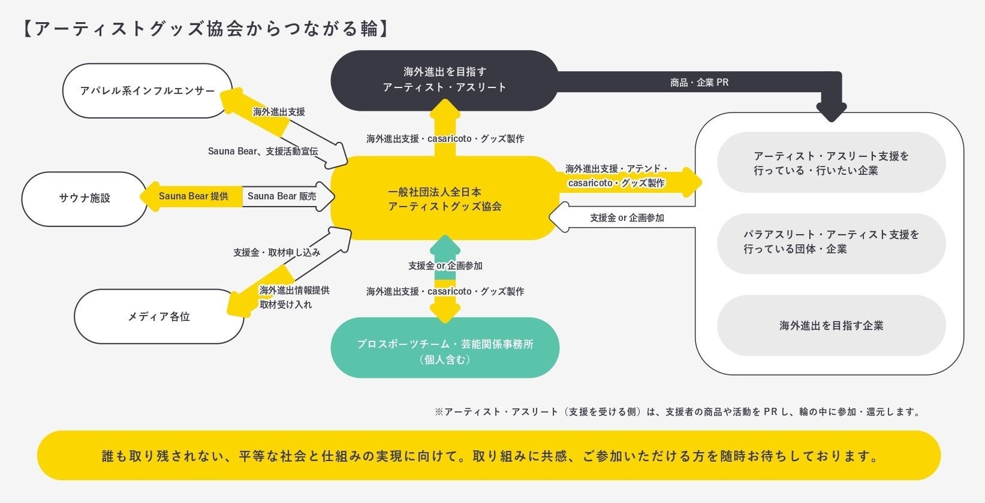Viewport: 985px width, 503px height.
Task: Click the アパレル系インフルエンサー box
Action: tap(147, 91)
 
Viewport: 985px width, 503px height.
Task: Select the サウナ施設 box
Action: tap(85, 199)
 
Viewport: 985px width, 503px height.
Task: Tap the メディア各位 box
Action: tap(159, 317)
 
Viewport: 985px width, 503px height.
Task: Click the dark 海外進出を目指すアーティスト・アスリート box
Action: tap(444, 80)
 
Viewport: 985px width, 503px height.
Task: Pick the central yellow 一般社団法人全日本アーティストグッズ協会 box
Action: tap(444, 199)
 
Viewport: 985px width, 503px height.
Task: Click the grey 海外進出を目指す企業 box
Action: tap(831, 326)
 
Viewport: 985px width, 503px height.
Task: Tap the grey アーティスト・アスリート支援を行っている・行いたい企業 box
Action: tap(831, 163)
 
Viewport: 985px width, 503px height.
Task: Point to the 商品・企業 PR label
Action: tap(699, 83)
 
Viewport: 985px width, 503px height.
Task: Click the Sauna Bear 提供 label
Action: tap(193, 196)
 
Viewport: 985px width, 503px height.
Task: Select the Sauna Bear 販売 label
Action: tap(282, 196)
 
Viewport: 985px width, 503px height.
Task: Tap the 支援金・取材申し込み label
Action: tap(276, 253)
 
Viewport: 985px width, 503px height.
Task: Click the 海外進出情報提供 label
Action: tap(294, 290)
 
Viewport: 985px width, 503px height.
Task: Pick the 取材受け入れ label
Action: tap(285, 305)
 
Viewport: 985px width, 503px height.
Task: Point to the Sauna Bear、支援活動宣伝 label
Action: tap(263, 151)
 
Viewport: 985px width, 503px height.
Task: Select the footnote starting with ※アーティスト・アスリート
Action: tap(677, 412)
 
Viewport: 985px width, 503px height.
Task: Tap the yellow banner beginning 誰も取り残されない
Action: tap(489, 456)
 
